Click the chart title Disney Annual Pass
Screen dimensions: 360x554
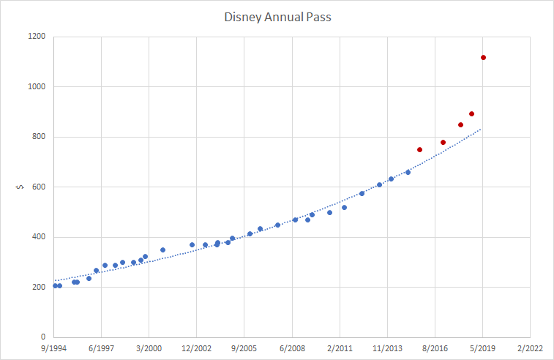tap(277, 16)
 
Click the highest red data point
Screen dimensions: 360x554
tap(484, 58)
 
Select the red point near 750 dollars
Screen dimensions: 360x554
tap(420, 149)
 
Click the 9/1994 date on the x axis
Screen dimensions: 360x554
tap(54, 349)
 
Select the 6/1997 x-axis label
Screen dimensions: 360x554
tap(102, 349)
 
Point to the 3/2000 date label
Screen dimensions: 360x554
tap(149, 349)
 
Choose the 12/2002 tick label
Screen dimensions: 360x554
tap(197, 349)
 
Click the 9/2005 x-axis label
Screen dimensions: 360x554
tap(244, 349)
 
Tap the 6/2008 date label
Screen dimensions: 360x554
tap(292, 349)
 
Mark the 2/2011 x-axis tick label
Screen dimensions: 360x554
tap(340, 349)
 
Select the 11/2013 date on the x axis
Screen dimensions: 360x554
tap(387, 349)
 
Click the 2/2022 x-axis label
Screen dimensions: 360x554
tap(530, 349)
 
